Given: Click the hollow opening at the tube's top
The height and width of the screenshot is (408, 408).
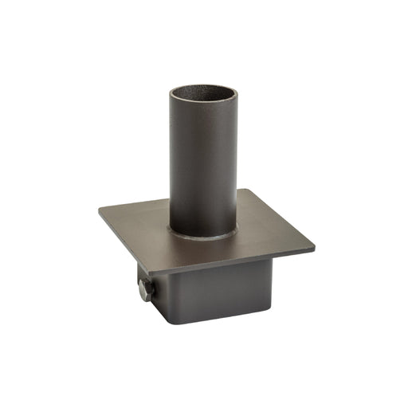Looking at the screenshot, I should pyautogui.click(x=202, y=96).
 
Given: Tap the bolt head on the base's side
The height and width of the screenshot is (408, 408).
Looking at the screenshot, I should pyautogui.click(x=144, y=290).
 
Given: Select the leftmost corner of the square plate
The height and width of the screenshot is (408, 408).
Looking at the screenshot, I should pyautogui.click(x=100, y=210).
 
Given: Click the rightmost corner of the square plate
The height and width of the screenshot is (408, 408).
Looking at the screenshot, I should pyautogui.click(x=314, y=246).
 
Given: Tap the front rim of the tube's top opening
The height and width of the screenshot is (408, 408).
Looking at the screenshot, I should pyautogui.click(x=202, y=108).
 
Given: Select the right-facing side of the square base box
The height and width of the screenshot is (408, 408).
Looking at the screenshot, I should pyautogui.click(x=219, y=295).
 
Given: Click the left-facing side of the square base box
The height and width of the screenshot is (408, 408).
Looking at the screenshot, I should pyautogui.click(x=159, y=299).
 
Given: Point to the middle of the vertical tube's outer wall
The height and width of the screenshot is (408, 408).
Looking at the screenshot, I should pyautogui.click(x=202, y=167).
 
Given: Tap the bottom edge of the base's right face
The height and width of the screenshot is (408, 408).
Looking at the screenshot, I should pyautogui.click(x=223, y=319).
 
